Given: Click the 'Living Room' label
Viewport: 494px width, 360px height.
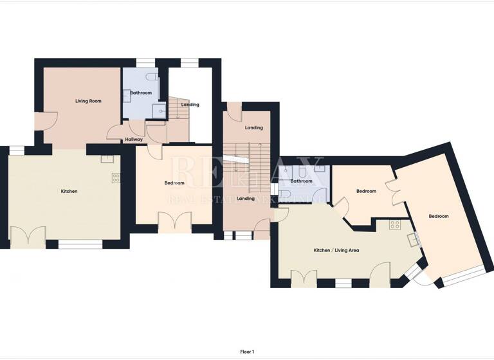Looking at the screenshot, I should point(88,101).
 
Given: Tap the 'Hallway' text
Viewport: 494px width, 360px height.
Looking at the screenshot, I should point(134,139).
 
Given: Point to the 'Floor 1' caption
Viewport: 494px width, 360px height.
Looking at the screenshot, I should point(247,352).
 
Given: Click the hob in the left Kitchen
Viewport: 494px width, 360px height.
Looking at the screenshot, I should point(116,178).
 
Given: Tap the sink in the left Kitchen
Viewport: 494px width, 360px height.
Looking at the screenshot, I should point(107,158).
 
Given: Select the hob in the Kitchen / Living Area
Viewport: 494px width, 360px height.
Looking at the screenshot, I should point(395,225).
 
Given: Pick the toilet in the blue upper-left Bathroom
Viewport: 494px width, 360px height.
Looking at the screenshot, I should point(152,77).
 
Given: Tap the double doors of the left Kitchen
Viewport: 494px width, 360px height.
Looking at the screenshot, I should point(28,236).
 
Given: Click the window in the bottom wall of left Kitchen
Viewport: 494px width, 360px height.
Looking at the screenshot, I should point(80,244).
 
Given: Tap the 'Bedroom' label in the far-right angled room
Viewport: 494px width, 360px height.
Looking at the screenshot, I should point(439,217).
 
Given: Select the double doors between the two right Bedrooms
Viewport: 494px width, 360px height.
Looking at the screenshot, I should point(399,193).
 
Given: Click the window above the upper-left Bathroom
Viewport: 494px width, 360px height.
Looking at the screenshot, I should point(146,62).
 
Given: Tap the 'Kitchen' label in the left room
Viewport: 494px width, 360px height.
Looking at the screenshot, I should point(69,192).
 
